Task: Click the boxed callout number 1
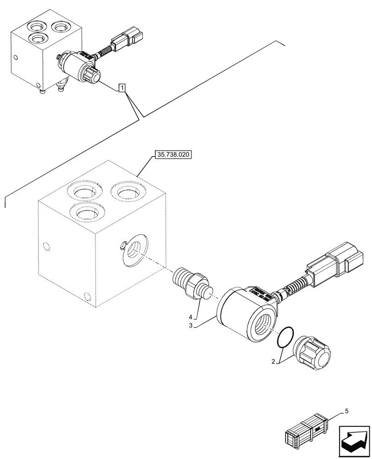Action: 121,87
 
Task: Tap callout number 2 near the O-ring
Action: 273,362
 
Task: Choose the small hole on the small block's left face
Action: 16,58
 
